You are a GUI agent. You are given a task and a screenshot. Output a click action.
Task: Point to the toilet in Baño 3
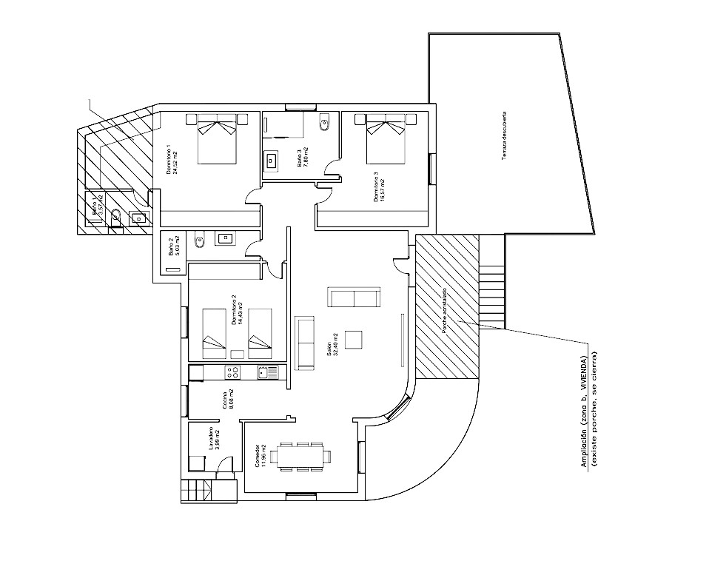325,124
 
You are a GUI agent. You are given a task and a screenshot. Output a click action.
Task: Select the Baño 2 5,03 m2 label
174,246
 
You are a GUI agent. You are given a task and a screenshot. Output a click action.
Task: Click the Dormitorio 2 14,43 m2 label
237,311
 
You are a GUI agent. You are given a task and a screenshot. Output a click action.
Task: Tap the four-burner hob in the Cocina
232,372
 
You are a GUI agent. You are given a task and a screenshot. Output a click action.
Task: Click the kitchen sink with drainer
267,372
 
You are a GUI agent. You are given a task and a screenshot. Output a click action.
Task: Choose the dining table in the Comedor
300,456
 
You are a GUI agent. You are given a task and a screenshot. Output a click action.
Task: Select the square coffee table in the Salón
354,339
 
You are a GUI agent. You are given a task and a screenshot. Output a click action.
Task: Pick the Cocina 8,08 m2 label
228,400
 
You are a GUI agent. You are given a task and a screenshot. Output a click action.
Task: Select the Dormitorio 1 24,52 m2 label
172,160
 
